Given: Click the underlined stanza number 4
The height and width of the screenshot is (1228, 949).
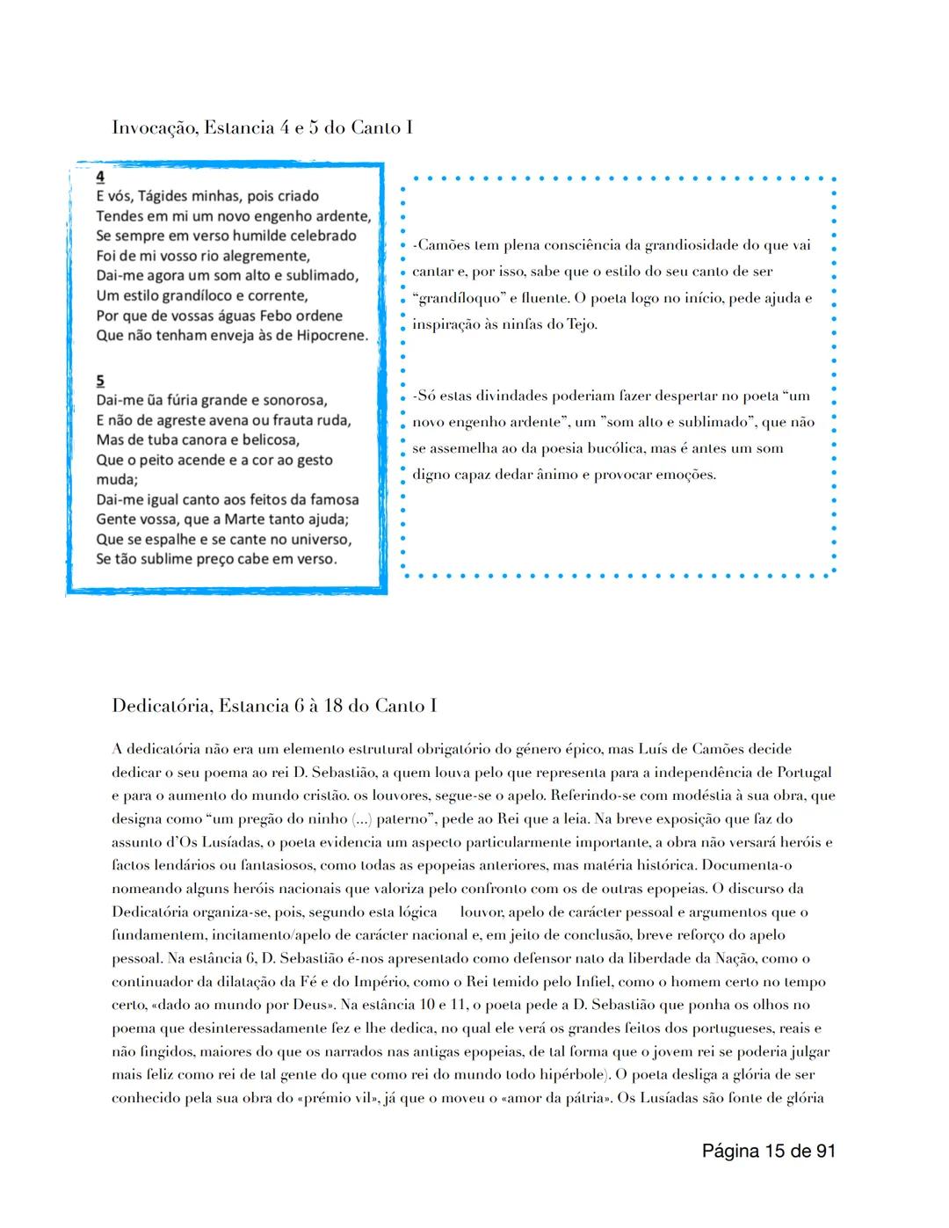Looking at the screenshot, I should tap(101, 176).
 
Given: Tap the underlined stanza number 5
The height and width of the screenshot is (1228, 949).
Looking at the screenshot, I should tap(101, 381).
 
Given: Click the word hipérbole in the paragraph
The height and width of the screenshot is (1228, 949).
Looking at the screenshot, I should tap(570, 1074).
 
